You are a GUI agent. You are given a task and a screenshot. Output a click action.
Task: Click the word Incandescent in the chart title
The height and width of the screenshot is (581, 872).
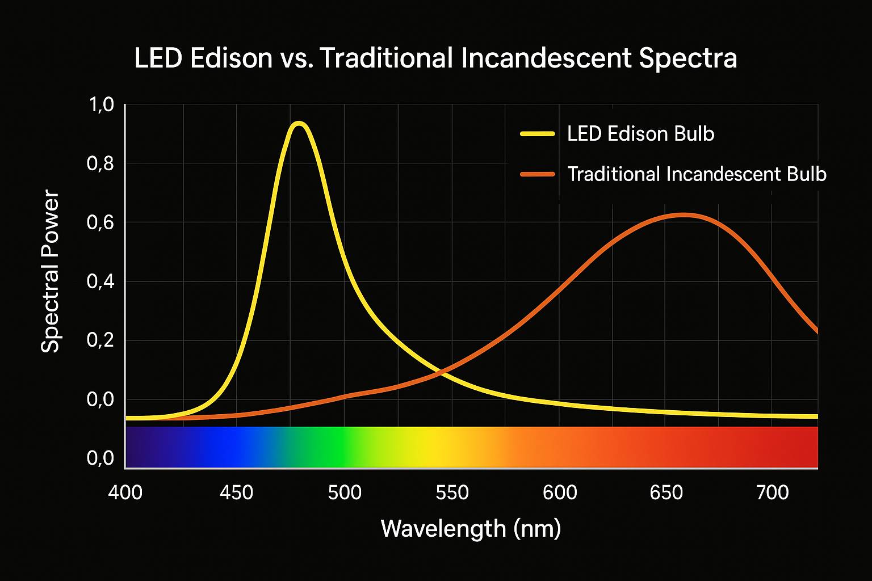coord(546,58)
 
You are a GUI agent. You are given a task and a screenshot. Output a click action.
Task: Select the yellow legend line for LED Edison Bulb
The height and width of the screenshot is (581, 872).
coord(537,134)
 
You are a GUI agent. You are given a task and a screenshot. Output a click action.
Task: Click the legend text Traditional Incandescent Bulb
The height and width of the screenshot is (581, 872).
coord(697,174)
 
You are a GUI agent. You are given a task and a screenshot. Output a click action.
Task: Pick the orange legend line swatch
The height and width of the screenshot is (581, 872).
coord(537,174)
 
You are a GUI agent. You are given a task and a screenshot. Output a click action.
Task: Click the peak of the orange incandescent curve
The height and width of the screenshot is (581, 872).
coord(684,215)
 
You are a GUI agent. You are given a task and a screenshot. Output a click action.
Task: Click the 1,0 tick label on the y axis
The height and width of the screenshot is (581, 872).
coord(100,105)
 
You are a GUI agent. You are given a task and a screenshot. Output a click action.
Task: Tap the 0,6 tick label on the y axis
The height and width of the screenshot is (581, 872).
coord(100,222)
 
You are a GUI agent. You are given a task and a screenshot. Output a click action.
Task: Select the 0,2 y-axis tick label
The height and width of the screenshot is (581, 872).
coord(100,340)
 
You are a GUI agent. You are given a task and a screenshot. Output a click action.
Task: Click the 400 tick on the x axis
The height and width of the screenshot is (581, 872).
coord(125,492)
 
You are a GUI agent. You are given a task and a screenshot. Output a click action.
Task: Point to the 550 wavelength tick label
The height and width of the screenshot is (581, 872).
coord(452,492)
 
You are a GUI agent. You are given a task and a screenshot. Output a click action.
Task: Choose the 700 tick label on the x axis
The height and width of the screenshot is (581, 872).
coord(773,492)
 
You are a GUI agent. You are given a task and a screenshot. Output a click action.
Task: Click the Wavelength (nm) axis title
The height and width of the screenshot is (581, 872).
coord(471,528)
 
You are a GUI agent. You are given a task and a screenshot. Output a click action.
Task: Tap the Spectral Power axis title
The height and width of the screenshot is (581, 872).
coord(51,272)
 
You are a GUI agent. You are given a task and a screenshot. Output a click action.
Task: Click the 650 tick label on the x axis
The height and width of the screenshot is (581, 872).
coord(666,492)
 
